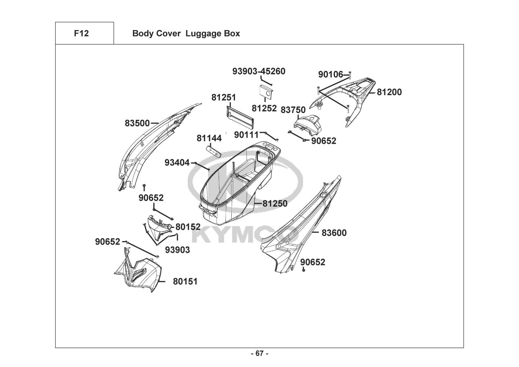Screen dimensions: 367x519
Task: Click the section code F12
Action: (x=81, y=33)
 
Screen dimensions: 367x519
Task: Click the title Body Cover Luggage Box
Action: (x=186, y=33)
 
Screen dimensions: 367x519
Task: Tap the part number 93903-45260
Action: (x=259, y=71)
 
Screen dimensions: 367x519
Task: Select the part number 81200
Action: (x=389, y=92)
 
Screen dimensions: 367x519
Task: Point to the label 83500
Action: (x=137, y=123)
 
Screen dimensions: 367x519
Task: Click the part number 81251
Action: (x=223, y=98)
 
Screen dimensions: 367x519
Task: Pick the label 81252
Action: (x=264, y=108)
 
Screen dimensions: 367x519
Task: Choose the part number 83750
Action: (x=293, y=110)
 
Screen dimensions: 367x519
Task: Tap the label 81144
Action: (x=209, y=138)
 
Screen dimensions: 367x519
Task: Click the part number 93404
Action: (x=177, y=163)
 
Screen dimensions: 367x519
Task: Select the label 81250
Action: (x=275, y=203)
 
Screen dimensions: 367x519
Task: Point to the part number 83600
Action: (x=334, y=233)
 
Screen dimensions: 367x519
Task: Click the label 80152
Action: (x=188, y=227)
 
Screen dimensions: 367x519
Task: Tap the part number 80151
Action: (x=185, y=281)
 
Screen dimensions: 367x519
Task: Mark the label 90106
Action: (x=330, y=75)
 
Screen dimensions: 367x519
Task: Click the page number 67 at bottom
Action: (x=259, y=353)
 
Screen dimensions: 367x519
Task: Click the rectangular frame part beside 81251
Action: (x=240, y=116)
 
